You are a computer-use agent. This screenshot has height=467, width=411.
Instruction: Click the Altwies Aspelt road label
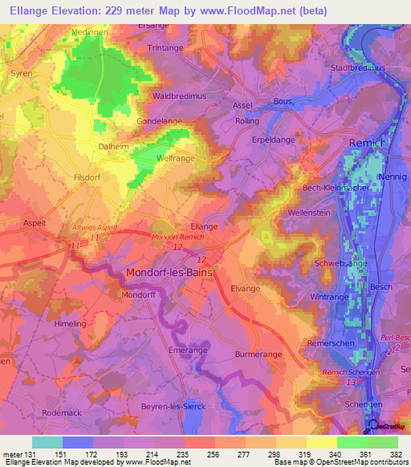[94, 228]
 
